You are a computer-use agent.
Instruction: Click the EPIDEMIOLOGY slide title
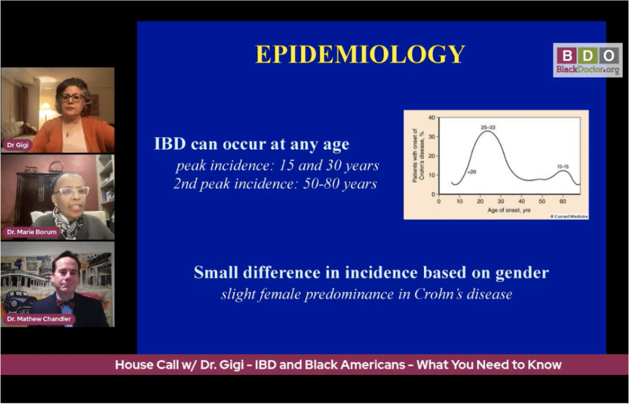360,54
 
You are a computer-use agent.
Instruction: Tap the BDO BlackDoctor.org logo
587,60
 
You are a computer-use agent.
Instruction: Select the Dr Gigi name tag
18,145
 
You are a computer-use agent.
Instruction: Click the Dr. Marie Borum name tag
31,232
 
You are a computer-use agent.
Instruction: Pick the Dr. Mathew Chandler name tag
39,319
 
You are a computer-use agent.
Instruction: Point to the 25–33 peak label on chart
488,128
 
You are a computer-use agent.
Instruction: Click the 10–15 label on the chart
563,167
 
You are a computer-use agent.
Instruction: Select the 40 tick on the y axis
431,118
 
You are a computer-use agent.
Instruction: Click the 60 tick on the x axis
562,201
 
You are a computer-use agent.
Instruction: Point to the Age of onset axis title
509,210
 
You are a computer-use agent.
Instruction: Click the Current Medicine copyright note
569,216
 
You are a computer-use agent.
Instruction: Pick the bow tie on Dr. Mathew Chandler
65,303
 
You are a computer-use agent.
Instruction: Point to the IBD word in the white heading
170,144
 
